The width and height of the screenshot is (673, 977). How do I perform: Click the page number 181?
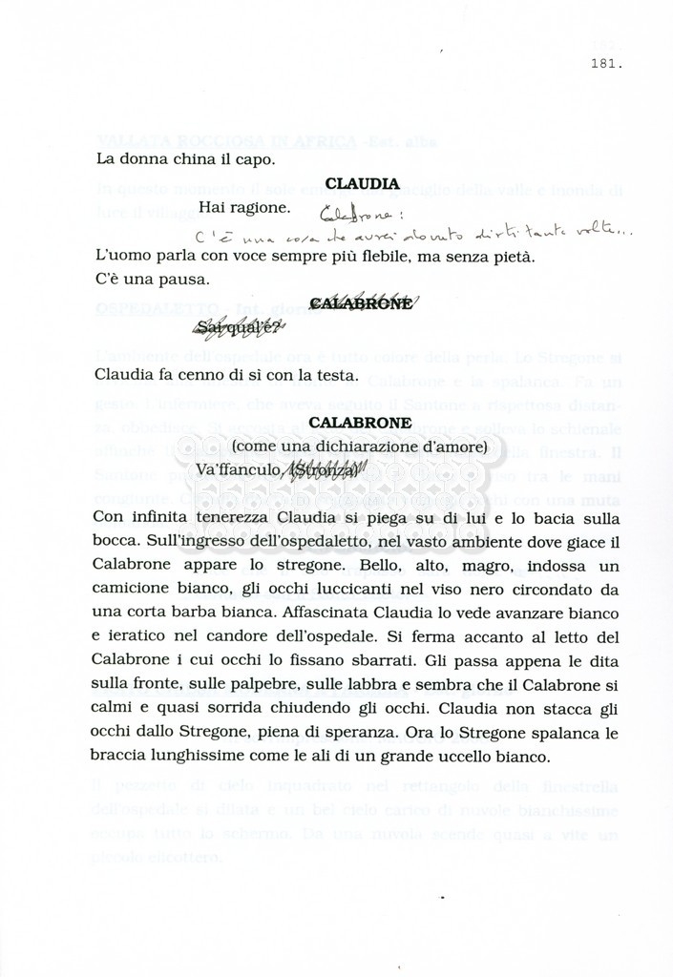click(608, 65)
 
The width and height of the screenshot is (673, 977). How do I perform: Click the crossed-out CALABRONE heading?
click(362, 303)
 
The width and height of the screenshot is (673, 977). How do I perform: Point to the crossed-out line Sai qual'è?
click(238, 329)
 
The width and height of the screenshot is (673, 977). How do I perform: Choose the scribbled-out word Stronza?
click(323, 469)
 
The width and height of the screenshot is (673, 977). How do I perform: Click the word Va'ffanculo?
click(238, 469)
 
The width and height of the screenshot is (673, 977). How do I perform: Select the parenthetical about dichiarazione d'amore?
click(360, 446)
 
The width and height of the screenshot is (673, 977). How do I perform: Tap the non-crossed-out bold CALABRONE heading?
click(361, 422)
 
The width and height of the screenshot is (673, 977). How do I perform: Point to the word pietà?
click(515, 257)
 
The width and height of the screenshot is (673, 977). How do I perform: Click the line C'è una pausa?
click(153, 280)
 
